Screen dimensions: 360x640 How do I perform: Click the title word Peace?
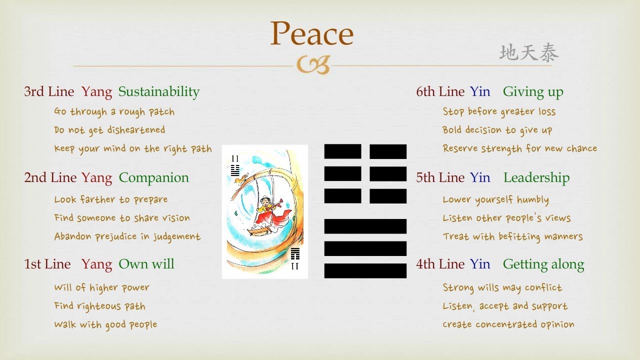pyautogui.click(x=312, y=34)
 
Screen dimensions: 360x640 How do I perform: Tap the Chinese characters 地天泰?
pyautogui.click(x=528, y=53)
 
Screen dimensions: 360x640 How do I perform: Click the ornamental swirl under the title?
pyautogui.click(x=313, y=65)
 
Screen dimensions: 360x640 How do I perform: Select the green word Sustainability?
pyautogui.click(x=159, y=92)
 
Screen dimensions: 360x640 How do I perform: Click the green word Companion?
pyautogui.click(x=154, y=178)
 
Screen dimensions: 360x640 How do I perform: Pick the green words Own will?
pyautogui.click(x=146, y=264)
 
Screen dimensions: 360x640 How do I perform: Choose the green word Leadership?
pyautogui.click(x=536, y=178)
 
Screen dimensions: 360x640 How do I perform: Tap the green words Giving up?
pyautogui.click(x=533, y=92)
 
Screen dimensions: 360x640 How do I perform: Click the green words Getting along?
pyautogui.click(x=543, y=264)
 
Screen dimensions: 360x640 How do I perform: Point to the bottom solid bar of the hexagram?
pyautogui.click(x=365, y=270)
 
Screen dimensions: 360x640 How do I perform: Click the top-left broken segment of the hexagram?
pyautogui.click(x=342, y=151)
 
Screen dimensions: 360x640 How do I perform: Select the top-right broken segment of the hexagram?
pyautogui.click(x=388, y=151)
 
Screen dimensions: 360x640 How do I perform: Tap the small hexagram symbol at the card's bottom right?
pyautogui.click(x=295, y=253)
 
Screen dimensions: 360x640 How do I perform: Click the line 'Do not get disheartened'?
pyautogui.click(x=109, y=130)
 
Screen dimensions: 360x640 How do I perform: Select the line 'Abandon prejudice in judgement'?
pyautogui.click(x=127, y=236)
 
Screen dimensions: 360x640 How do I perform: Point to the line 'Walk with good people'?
pyautogui.click(x=105, y=324)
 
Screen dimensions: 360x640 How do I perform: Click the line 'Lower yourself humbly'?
pyautogui.click(x=495, y=200)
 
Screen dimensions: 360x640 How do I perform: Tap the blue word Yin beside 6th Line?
pyautogui.click(x=480, y=92)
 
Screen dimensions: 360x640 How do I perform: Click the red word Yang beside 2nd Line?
pyautogui.click(x=96, y=178)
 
